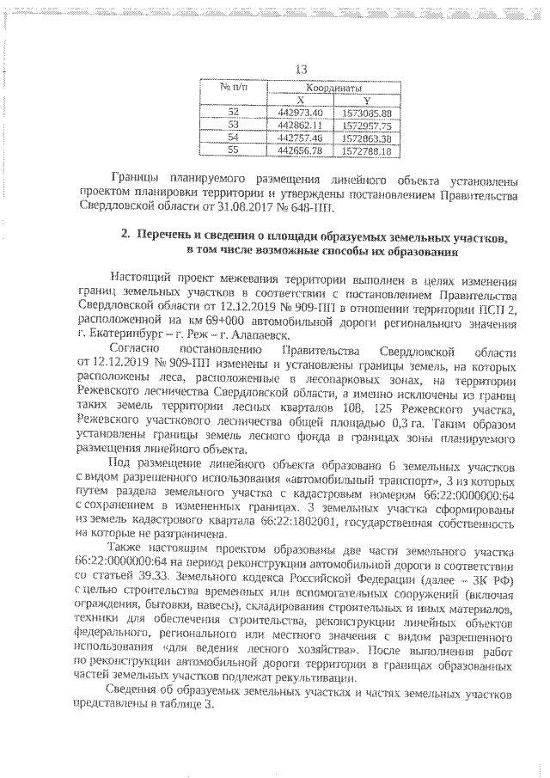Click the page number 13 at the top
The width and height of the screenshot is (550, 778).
tap(301, 70)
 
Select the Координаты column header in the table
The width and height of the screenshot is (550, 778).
tap(332, 88)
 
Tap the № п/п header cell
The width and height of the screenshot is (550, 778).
tap(235, 88)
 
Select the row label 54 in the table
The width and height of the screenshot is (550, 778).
tap(235, 138)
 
